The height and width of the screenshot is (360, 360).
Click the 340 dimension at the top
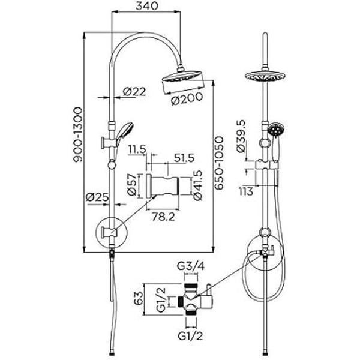(x=147, y=6)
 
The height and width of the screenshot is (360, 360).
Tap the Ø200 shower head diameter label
(x=187, y=98)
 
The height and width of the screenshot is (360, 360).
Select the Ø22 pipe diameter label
(x=134, y=92)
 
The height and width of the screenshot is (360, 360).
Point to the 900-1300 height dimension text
(x=78, y=134)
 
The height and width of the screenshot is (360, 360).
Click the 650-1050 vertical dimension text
(x=219, y=163)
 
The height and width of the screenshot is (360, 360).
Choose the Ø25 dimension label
(x=97, y=197)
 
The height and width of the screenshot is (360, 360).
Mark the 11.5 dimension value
(x=137, y=149)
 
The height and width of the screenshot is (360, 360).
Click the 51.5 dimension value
(x=184, y=158)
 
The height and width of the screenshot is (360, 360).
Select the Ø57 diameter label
(x=132, y=185)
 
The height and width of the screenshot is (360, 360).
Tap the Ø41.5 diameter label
(x=197, y=185)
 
